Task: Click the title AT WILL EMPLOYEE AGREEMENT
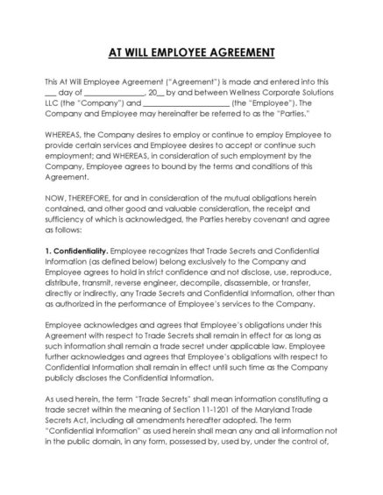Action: point(191,53)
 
